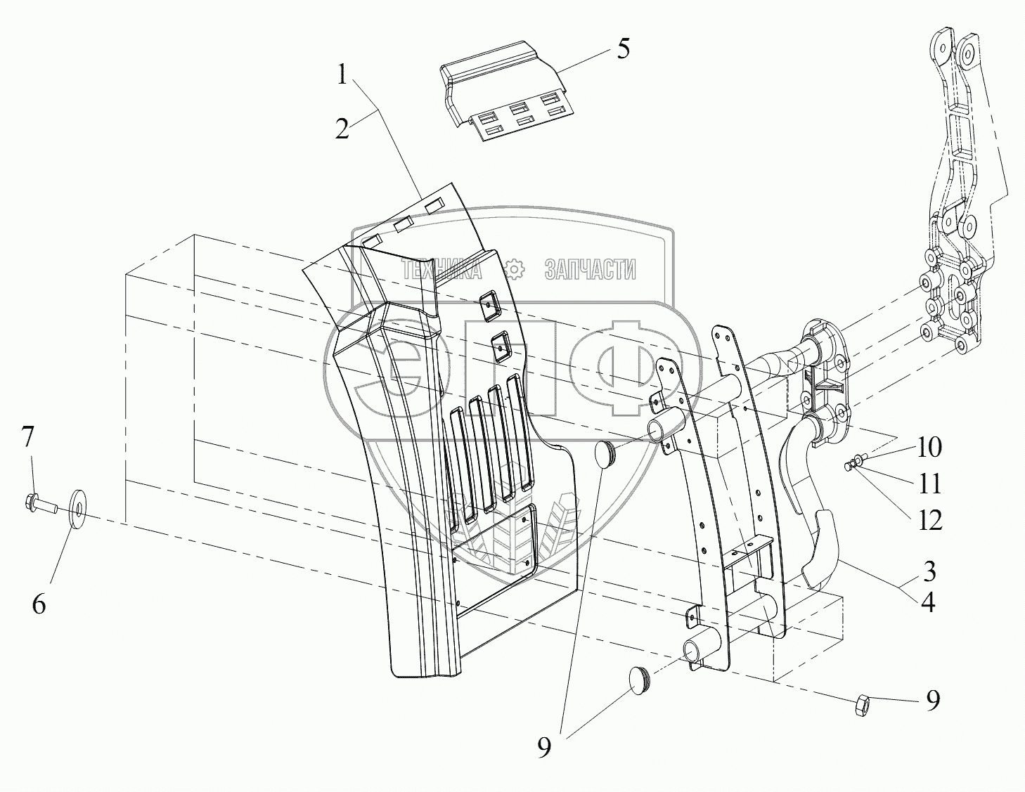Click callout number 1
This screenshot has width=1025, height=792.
(x=342, y=74)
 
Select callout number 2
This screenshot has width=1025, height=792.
(x=342, y=129)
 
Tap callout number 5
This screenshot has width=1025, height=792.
(x=623, y=50)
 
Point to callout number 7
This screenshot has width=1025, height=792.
(x=27, y=438)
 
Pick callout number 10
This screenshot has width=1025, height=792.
(x=929, y=447)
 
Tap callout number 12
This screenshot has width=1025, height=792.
(x=929, y=520)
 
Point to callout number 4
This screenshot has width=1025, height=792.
(x=929, y=603)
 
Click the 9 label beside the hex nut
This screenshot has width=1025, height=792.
(x=933, y=699)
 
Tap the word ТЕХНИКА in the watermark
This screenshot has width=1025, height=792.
(x=441, y=269)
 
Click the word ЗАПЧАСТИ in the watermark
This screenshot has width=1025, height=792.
(x=590, y=269)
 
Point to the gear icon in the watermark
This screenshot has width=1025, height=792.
(x=515, y=269)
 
